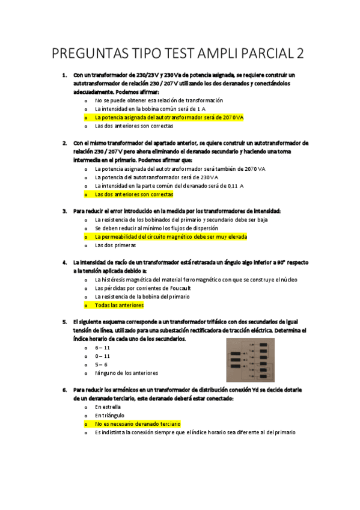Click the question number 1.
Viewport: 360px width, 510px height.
pyautogui.click(x=64, y=75)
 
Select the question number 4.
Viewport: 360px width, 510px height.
pyautogui.click(x=64, y=263)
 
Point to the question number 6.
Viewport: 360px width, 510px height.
pyautogui.click(x=64, y=390)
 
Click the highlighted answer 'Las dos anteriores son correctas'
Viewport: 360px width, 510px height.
pyautogui.click(x=134, y=194)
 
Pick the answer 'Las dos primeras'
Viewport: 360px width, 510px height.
pyautogui.click(x=115, y=245)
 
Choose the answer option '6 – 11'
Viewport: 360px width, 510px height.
pyautogui.click(x=103, y=348)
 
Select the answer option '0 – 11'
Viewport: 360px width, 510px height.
pyautogui.click(x=103, y=356)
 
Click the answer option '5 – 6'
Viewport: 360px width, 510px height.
pyautogui.click(x=102, y=364)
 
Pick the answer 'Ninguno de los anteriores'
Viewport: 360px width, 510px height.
pyautogui.click(x=126, y=373)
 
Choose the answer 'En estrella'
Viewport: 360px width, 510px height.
pyautogui.click(x=108, y=407)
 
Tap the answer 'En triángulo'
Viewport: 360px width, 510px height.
pyautogui.click(x=109, y=416)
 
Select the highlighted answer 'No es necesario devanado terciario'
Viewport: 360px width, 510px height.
pyautogui.click(x=138, y=424)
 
